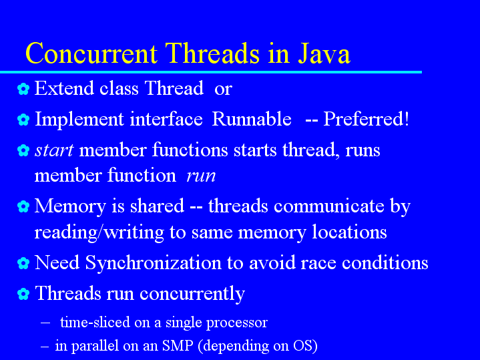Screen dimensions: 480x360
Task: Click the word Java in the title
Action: (324, 53)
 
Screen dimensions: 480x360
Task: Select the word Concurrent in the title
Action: (91, 53)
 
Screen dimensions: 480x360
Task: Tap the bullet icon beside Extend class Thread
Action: (23, 89)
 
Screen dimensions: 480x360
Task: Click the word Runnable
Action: (251, 119)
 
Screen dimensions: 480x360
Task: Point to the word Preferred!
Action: (366, 119)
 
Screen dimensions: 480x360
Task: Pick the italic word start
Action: (54, 150)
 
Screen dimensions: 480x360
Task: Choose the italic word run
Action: (201, 176)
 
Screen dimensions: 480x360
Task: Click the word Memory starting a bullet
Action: (70, 207)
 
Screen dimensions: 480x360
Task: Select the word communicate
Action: (328, 206)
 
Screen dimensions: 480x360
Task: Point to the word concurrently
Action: (192, 294)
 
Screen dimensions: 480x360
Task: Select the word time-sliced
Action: (95, 323)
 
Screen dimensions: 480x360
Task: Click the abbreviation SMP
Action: (178, 345)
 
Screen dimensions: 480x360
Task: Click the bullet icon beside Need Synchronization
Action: (23, 263)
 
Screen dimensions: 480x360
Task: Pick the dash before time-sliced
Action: (45, 323)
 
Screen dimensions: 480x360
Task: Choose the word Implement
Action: (79, 120)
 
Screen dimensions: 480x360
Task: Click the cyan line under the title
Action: (211, 72)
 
